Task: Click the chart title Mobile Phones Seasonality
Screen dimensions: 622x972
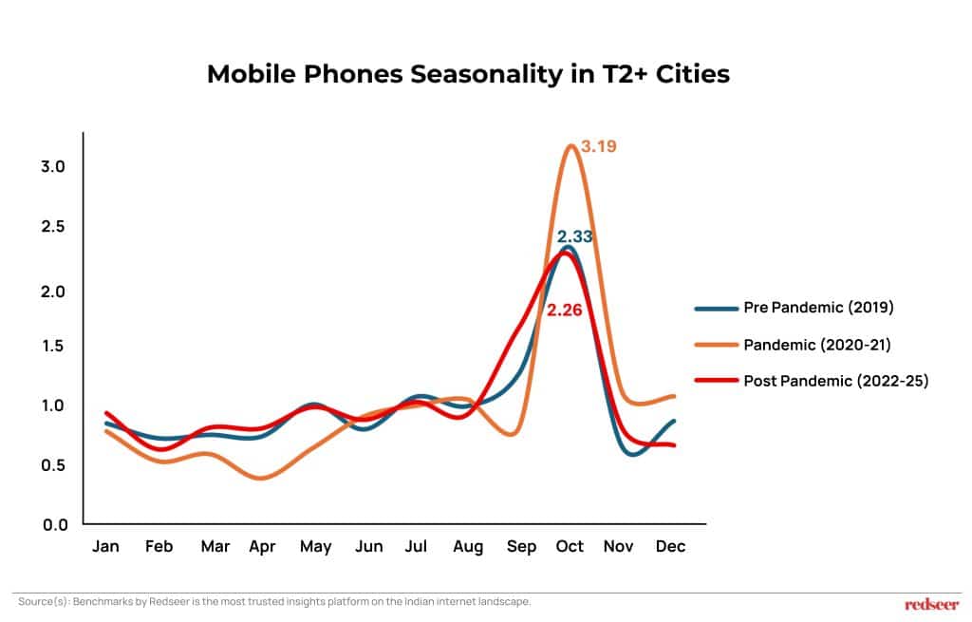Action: tap(468, 74)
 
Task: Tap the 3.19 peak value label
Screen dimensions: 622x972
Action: tap(598, 147)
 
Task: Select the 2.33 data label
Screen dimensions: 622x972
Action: tap(575, 236)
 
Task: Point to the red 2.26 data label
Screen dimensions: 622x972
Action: tap(564, 309)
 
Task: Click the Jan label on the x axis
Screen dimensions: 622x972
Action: tap(104, 547)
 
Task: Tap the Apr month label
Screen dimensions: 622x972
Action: tap(262, 547)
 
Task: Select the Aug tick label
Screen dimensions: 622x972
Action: tap(468, 547)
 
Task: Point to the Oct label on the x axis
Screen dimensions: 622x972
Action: tap(570, 547)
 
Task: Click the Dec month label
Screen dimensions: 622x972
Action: tap(670, 547)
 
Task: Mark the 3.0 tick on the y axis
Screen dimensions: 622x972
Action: tap(53, 167)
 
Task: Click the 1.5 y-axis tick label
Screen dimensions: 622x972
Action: tap(53, 346)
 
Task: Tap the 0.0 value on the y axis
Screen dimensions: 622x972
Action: tap(53, 524)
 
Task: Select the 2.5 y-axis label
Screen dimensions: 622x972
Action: tap(53, 227)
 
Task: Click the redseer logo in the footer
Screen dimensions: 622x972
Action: tap(932, 603)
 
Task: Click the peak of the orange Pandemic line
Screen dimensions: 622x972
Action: tap(570, 145)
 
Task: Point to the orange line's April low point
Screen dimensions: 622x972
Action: tap(261, 478)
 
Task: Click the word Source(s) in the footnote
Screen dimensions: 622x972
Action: tap(39, 602)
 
